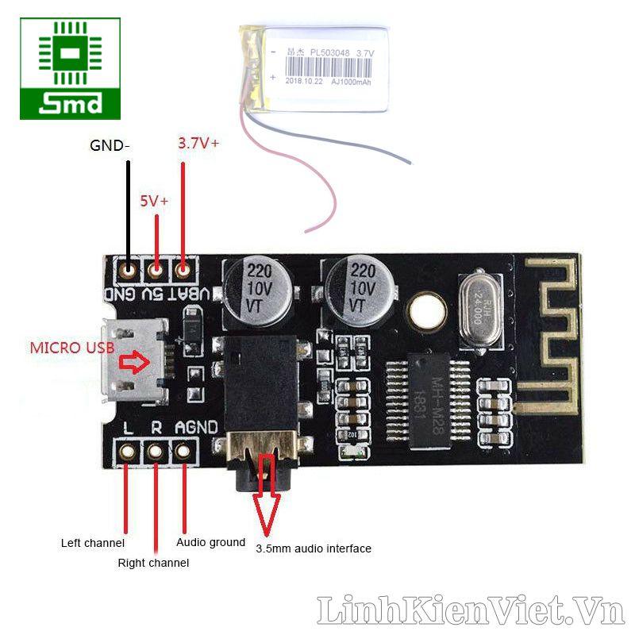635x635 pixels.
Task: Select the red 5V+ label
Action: click(154, 202)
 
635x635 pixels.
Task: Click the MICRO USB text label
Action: click(72, 348)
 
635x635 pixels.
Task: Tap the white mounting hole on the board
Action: click(427, 310)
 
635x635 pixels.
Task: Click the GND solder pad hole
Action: click(127, 271)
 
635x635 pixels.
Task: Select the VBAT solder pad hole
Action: click(184, 271)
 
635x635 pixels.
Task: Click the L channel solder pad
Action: click(127, 452)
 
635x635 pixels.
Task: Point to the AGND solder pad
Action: click(184, 452)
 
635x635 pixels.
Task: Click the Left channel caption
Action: click(93, 544)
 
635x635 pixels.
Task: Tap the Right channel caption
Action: click(153, 563)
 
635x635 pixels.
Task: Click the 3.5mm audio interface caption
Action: click(314, 548)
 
